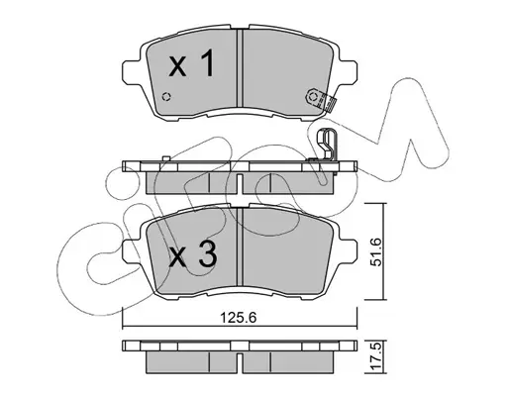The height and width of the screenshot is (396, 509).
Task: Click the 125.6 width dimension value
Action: click(239, 318)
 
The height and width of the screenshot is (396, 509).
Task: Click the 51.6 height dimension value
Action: click(376, 251)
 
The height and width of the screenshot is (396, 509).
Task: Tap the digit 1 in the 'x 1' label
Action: click(208, 63)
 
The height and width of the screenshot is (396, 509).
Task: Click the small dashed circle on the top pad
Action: click(166, 97)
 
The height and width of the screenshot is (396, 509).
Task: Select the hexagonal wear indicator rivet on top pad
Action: click(313, 97)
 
